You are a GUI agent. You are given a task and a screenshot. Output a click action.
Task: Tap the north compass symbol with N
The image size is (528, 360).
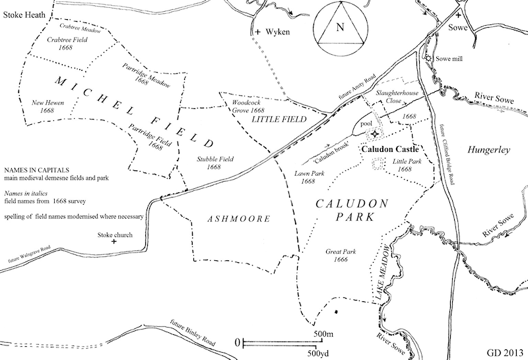tap(339, 28)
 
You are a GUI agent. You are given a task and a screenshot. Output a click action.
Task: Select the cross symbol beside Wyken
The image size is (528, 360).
tap(258, 31)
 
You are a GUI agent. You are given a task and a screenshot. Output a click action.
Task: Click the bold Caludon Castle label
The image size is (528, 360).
tap(387, 149)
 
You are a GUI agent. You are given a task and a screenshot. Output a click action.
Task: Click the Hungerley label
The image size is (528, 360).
tap(488, 151)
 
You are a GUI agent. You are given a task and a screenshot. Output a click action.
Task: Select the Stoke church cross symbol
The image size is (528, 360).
tap(114, 242)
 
